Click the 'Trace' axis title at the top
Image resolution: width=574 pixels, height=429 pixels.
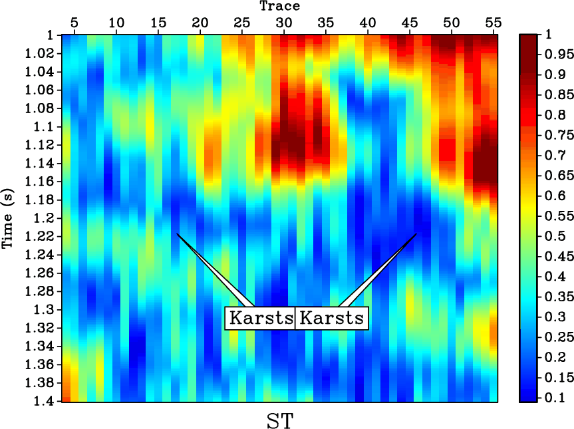pos(279,7)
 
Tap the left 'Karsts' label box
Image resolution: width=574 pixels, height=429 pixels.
pos(260,318)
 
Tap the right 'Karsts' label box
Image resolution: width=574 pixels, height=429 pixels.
pos(331,318)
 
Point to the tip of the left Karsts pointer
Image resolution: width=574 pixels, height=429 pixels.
pos(177,234)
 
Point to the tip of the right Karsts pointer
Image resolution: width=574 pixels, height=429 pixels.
pos(416,234)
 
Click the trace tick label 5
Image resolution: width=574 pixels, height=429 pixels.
pos(74,23)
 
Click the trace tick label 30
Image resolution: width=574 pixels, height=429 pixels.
pos(284,23)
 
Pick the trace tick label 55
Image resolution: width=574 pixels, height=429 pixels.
pos(493,23)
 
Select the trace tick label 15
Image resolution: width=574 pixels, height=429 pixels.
pos(158,23)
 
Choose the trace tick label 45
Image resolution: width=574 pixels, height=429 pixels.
pos(409,23)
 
